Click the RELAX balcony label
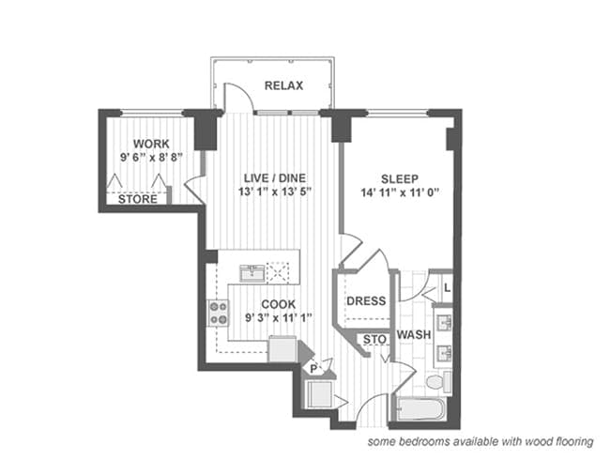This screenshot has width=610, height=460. pyautogui.click(x=283, y=85)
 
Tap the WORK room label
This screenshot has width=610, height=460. pyautogui.click(x=151, y=144)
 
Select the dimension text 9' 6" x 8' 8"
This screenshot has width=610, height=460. pyautogui.click(x=151, y=157)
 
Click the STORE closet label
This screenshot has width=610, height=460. pyautogui.click(x=138, y=199)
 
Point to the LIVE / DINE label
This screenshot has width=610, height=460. pyautogui.click(x=275, y=178)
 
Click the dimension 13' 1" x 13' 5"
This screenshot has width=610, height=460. pyautogui.click(x=275, y=192)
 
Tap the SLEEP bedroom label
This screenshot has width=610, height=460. pyautogui.click(x=400, y=179)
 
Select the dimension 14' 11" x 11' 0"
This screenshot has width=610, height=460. pyautogui.click(x=400, y=192)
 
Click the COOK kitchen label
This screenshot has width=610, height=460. pyautogui.click(x=279, y=304)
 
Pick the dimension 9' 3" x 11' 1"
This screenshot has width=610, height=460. pyautogui.click(x=279, y=318)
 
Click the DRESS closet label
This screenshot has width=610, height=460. pyautogui.click(x=366, y=300)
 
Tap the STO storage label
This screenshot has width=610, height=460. pyautogui.click(x=374, y=340)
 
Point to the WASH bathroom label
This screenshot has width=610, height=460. pyautogui.click(x=414, y=335)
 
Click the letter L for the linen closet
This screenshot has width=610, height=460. pyautogui.click(x=448, y=288)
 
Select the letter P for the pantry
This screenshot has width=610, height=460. pyautogui.click(x=313, y=369)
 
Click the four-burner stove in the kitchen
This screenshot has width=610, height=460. pyautogui.click(x=218, y=314)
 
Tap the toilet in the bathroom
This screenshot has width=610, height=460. pyautogui.click(x=438, y=382)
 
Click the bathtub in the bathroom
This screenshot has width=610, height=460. pyautogui.click(x=421, y=409)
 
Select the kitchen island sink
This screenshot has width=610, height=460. pyautogui.click(x=252, y=273)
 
